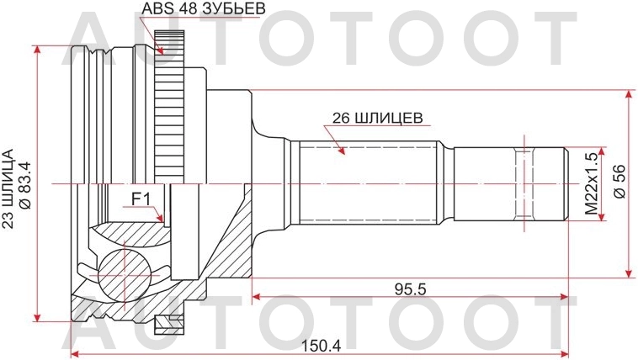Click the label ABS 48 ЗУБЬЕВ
[x=199, y=11]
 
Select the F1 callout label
[x=140, y=199]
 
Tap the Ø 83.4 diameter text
[x=24, y=182]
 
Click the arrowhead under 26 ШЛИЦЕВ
[x=342, y=151]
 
